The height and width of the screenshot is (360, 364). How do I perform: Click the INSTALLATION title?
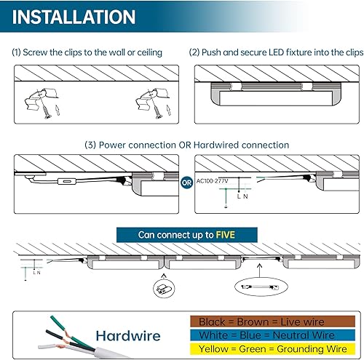(74, 17)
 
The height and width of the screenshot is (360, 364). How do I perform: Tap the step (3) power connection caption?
(181, 145)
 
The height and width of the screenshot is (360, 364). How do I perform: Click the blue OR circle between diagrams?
(186, 182)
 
